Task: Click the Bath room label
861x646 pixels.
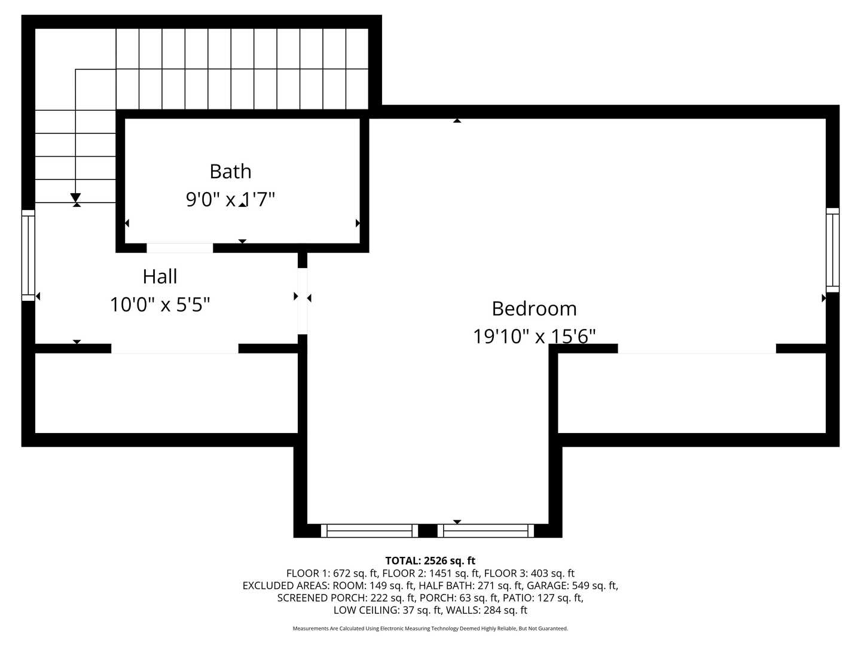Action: pyautogui.click(x=230, y=172)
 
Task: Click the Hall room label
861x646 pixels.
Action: pyautogui.click(x=160, y=276)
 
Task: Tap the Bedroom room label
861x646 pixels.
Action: pyautogui.click(x=534, y=309)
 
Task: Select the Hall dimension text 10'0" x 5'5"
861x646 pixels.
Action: pyautogui.click(x=160, y=304)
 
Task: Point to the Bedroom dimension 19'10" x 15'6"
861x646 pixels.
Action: pyautogui.click(x=534, y=336)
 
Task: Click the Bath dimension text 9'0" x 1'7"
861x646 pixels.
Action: pyautogui.click(x=230, y=199)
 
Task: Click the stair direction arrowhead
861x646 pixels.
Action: pyautogui.click(x=75, y=198)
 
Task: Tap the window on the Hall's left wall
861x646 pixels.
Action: pyautogui.click(x=28, y=255)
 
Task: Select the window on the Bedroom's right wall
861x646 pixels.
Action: pyautogui.click(x=832, y=250)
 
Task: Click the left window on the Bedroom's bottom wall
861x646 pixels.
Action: pyautogui.click(x=370, y=531)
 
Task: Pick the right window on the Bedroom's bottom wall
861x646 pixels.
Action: pyautogui.click(x=486, y=531)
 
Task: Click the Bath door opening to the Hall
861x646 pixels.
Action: pyautogui.click(x=179, y=248)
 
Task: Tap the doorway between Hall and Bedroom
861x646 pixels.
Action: pyautogui.click(x=303, y=301)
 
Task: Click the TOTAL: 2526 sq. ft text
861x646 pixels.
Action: pyautogui.click(x=430, y=561)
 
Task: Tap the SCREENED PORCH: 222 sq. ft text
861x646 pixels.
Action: pyautogui.click(x=346, y=598)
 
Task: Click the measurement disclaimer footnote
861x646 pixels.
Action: pyautogui.click(x=430, y=629)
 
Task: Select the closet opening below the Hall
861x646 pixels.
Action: pyautogui.click(x=175, y=349)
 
